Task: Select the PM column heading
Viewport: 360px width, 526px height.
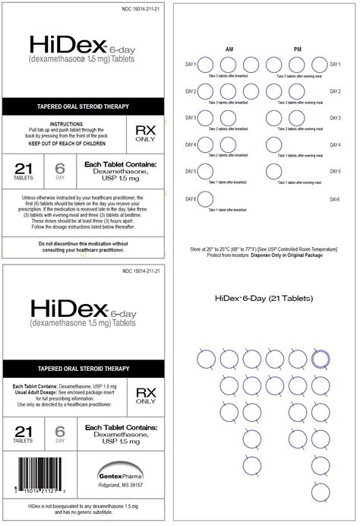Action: pyautogui.click(x=298, y=49)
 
